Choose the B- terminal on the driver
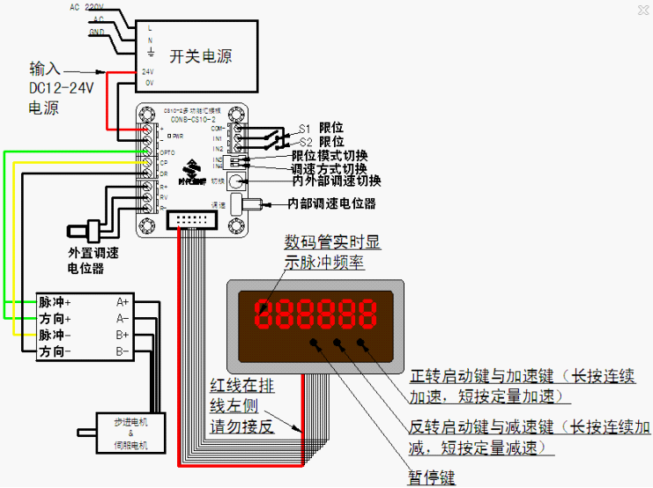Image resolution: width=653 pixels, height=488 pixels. point(123,351)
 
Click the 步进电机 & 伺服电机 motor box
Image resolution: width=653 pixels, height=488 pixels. point(131,433)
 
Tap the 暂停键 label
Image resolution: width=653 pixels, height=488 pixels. point(432,477)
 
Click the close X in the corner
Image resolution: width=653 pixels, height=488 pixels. point(642,11)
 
